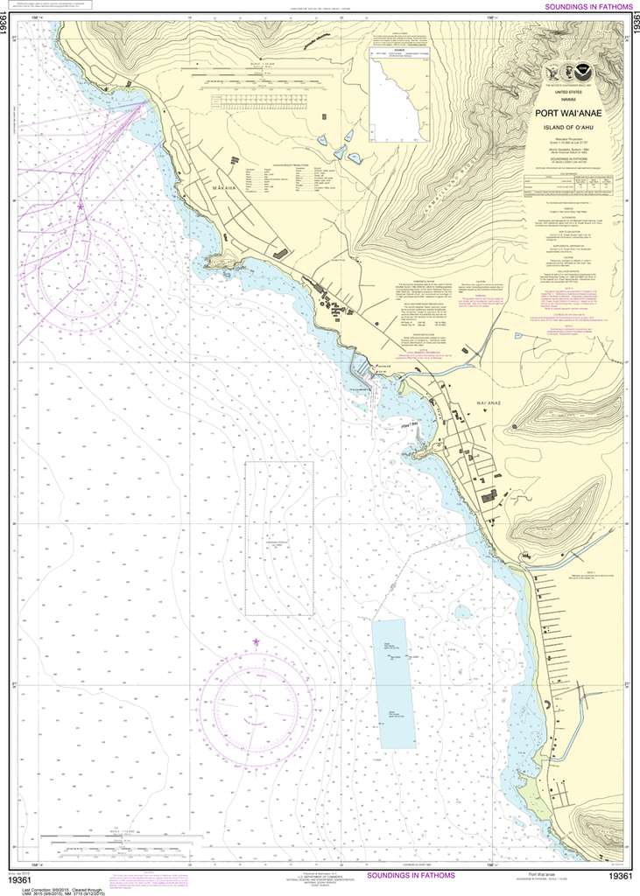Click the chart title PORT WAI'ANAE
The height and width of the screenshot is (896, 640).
pyautogui.click(x=568, y=112)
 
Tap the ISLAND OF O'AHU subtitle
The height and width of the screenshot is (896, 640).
pyautogui.click(x=568, y=128)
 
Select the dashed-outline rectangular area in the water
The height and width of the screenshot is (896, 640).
pyautogui.click(x=278, y=538)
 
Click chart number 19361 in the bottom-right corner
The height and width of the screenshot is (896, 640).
pyautogui.click(x=620, y=876)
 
